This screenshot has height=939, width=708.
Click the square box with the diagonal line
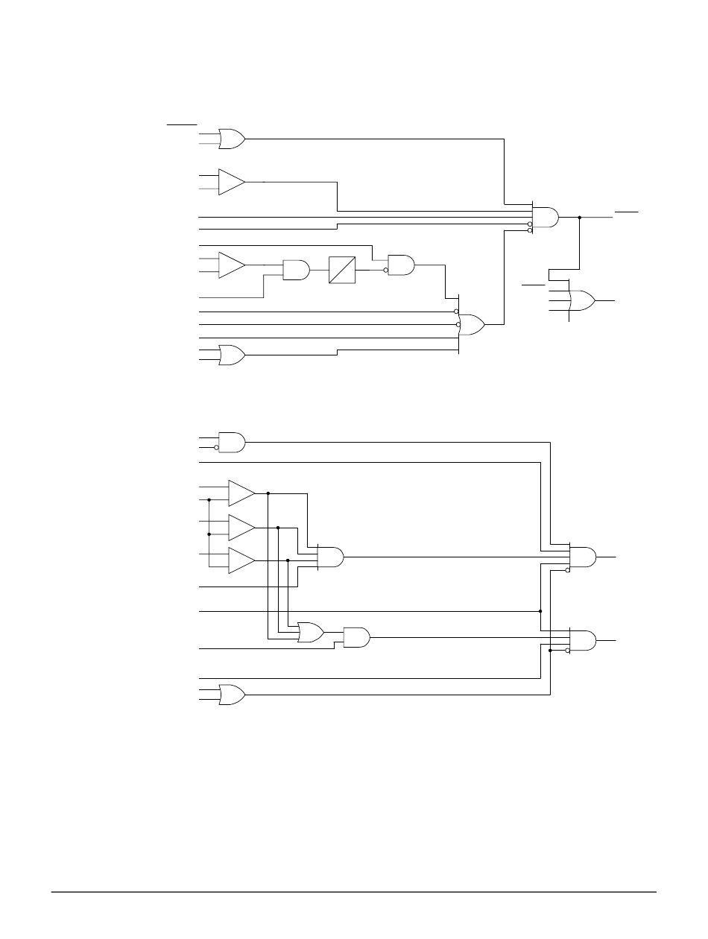pyautogui.click(x=342, y=270)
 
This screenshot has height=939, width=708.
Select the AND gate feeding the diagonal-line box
pyautogui.click(x=296, y=270)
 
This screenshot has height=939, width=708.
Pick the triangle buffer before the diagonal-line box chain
pyautogui.click(x=231, y=265)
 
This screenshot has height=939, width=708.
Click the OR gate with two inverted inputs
pyautogui.click(x=471, y=324)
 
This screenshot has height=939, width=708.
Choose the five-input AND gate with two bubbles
pyautogui.click(x=546, y=217)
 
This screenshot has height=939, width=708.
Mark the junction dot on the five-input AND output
pyautogui.click(x=579, y=217)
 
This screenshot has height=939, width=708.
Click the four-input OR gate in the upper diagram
pyautogui.click(x=581, y=300)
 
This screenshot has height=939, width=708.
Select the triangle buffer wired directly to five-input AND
pyautogui.click(x=231, y=182)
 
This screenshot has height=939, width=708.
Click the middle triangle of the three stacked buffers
pyautogui.click(x=241, y=527)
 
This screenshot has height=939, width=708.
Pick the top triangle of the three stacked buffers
pyautogui.click(x=241, y=493)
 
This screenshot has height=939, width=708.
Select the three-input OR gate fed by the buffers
pyautogui.click(x=310, y=633)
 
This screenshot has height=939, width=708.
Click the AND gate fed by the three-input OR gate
pyautogui.click(x=356, y=637)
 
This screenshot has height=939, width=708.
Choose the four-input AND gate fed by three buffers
pyautogui.click(x=330, y=557)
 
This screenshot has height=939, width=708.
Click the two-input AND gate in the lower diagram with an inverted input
pyautogui.click(x=232, y=442)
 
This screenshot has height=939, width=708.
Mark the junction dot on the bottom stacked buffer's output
pyautogui.click(x=288, y=560)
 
